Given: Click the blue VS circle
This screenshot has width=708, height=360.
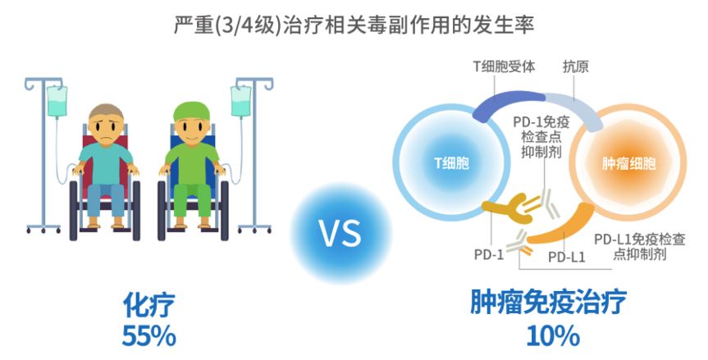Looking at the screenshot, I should click(x=340, y=235).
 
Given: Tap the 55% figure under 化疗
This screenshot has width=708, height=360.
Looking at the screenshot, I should click(x=148, y=335).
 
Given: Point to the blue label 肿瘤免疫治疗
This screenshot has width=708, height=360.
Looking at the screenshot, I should click(x=548, y=303).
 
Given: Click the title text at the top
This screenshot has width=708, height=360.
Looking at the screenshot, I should click(x=354, y=24).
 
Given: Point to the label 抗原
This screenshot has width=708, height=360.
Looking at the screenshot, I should click(x=576, y=66).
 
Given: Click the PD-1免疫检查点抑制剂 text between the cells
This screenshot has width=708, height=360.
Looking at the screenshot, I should click(x=541, y=139).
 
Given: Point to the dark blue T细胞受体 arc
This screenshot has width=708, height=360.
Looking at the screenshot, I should click(x=508, y=100).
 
